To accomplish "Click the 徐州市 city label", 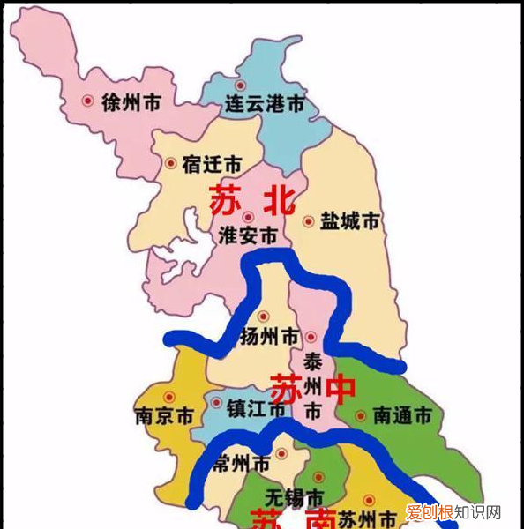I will pyautogui.click(x=132, y=102).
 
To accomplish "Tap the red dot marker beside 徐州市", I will pyautogui.click(x=87, y=101).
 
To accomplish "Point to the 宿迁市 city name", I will pyautogui.click(x=212, y=164).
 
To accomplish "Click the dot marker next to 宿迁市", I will pyautogui.click(x=170, y=163).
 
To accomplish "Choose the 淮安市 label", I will pyautogui.click(x=248, y=236).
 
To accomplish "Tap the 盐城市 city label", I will pyautogui.click(x=349, y=221).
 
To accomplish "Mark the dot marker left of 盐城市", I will pyautogui.click(x=308, y=221).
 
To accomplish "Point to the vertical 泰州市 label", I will pyautogui.click(x=313, y=386).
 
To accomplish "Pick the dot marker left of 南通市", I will pyautogui.click(x=360, y=414).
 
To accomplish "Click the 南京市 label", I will pyautogui.click(x=164, y=415).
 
